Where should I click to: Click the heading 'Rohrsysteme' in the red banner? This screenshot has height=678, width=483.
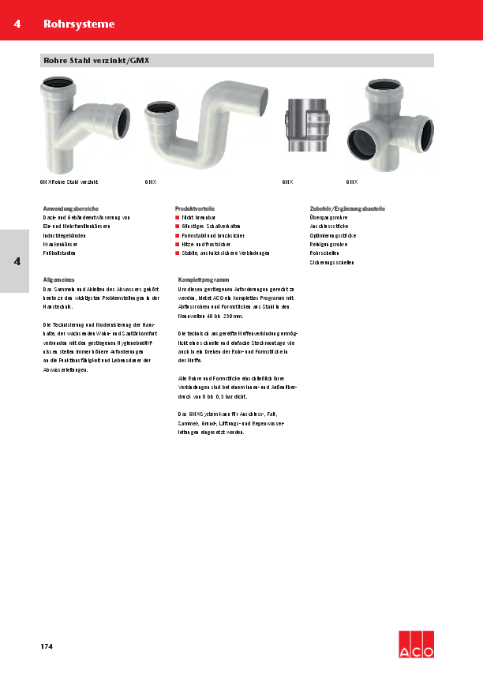pos(79,24)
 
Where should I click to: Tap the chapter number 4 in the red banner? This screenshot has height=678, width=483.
pos(17,24)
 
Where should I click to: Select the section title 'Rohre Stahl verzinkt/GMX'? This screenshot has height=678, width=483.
pos(96,60)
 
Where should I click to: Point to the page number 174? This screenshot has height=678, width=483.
pos(47,647)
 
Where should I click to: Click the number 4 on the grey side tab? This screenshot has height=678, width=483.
pos(17,261)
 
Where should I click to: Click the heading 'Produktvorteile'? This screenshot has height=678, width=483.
pos(195,208)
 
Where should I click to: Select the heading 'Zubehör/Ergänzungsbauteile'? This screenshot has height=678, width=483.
pos(347,208)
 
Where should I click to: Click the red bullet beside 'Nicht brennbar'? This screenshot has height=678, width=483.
pos(178,217)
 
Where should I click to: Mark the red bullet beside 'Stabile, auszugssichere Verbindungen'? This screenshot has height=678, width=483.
pos(178,253)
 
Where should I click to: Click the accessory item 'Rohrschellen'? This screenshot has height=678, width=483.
pos(324,253)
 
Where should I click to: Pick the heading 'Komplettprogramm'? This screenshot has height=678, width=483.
pos(204,280)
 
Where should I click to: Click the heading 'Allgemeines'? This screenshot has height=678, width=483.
pos(58,280)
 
